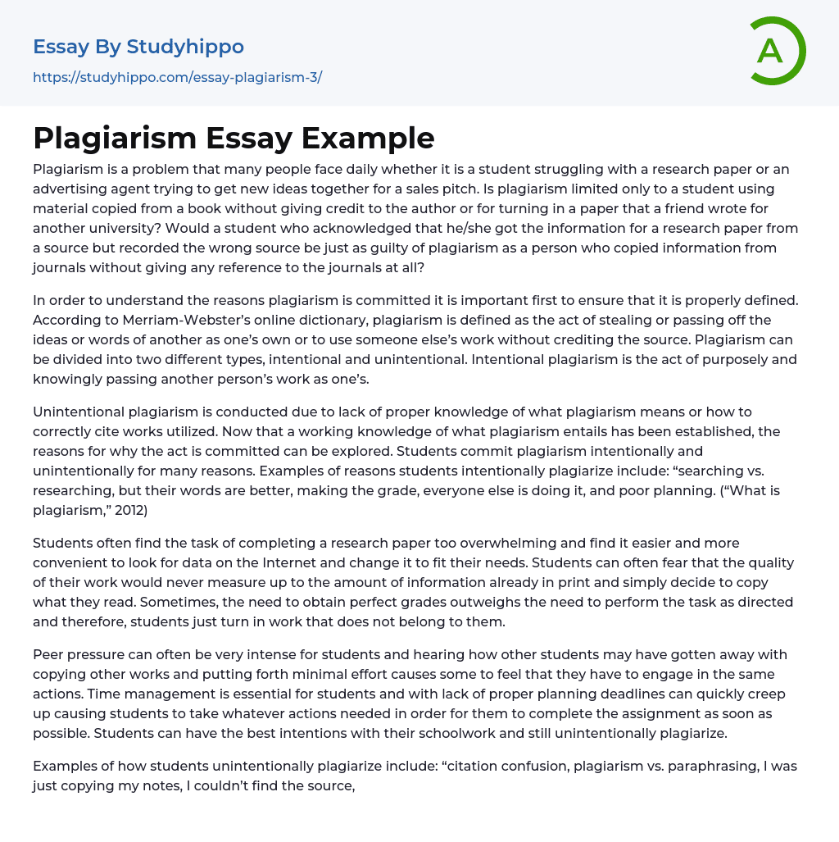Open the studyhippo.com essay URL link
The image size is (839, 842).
click(177, 77)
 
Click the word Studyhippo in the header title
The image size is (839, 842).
click(185, 47)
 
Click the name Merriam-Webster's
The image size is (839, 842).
click(166, 320)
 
